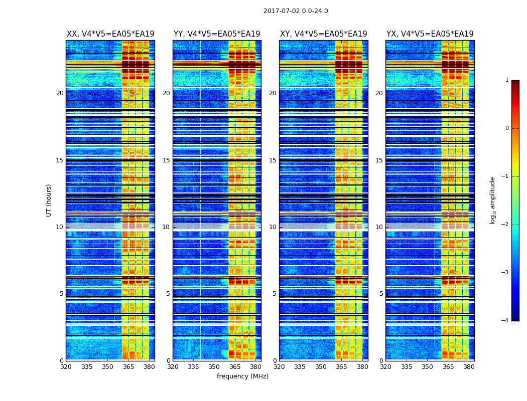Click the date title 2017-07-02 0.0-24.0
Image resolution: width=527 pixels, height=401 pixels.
(x=296, y=11)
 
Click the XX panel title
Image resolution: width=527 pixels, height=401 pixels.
(x=110, y=34)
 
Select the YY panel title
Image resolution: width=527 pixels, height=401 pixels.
(x=217, y=34)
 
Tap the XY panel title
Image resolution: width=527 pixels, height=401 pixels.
(x=324, y=34)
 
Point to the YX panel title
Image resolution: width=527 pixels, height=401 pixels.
(x=430, y=34)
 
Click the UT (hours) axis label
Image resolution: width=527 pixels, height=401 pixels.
(x=49, y=200)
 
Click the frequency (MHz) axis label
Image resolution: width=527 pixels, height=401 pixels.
(x=242, y=376)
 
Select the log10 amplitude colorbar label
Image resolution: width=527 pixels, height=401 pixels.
(x=493, y=200)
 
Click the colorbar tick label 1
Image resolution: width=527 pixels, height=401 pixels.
(x=506, y=80)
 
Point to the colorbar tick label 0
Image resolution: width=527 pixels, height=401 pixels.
(x=506, y=128)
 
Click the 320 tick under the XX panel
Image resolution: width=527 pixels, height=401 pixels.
(x=66, y=367)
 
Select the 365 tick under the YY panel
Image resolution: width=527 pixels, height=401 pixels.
(x=235, y=367)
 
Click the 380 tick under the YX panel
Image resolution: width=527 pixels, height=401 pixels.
(x=469, y=367)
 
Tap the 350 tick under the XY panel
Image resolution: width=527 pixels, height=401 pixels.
(x=321, y=367)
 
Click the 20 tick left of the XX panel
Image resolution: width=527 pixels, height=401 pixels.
(x=60, y=93)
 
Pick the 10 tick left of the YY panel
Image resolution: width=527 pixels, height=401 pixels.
(x=166, y=227)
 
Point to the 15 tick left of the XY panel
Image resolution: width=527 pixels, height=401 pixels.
(x=273, y=160)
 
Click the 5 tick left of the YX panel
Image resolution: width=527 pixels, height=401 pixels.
(x=381, y=294)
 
